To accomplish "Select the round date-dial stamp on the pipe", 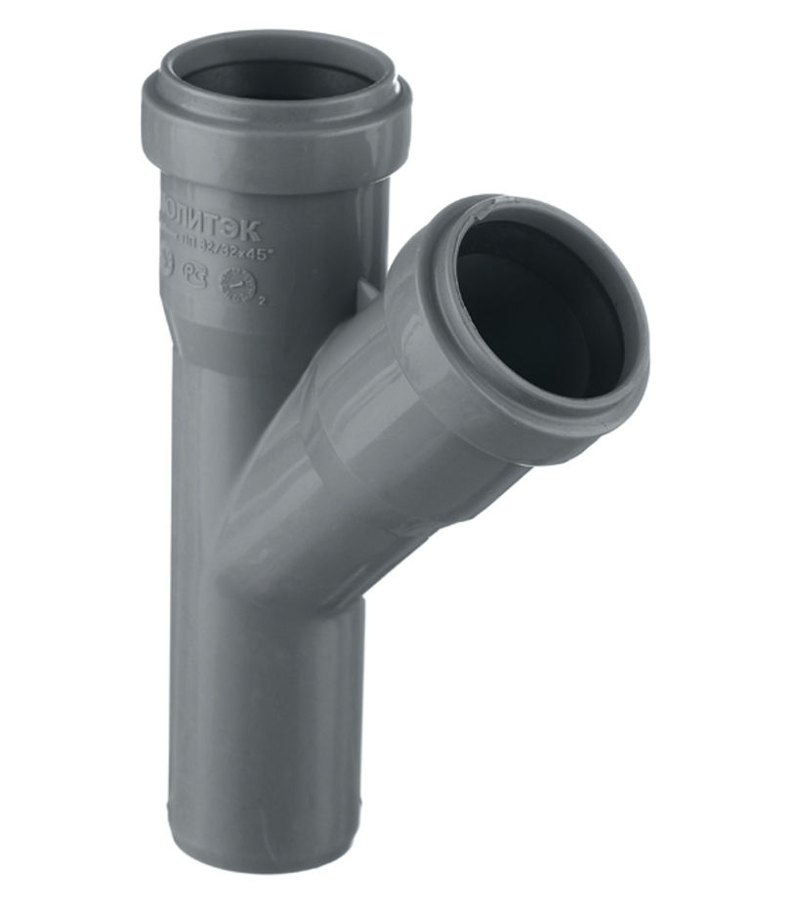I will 238,286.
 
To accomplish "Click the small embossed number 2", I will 262,300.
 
